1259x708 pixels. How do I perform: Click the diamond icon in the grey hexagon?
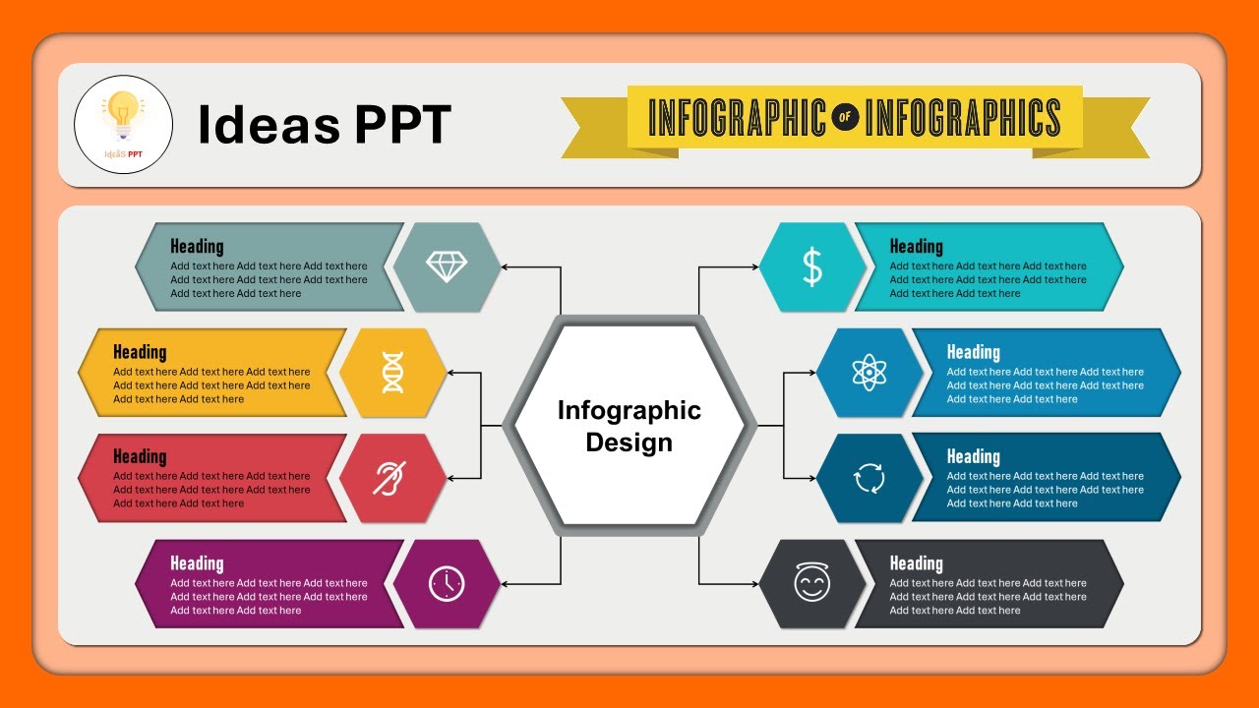pyautogui.click(x=447, y=266)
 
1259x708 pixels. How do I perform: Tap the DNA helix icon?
pyautogui.click(x=392, y=373)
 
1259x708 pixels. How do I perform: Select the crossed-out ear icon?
pyautogui.click(x=391, y=478)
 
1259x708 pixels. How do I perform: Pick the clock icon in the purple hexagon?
pyautogui.click(x=447, y=584)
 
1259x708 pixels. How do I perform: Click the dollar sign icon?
pyautogui.click(x=812, y=266)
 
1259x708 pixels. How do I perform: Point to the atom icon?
pyautogui.click(x=869, y=373)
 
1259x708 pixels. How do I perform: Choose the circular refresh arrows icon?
pyautogui.click(x=869, y=479)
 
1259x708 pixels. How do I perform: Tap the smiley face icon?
pyautogui.click(x=812, y=584)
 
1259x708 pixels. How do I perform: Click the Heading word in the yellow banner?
pyautogui.click(x=140, y=352)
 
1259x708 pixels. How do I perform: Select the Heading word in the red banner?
pyautogui.click(x=140, y=456)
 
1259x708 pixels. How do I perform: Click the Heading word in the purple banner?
pyautogui.click(x=197, y=563)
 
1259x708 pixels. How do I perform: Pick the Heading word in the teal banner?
pyautogui.click(x=916, y=246)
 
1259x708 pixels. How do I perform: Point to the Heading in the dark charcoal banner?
pyautogui.click(x=916, y=563)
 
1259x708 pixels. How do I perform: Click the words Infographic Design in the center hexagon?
pyautogui.click(x=629, y=426)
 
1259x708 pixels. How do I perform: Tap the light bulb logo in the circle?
pyautogui.click(x=123, y=117)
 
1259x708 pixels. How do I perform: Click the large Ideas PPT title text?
pyautogui.click(x=325, y=125)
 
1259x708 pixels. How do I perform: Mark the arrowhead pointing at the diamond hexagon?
pyautogui.click(x=505, y=266)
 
